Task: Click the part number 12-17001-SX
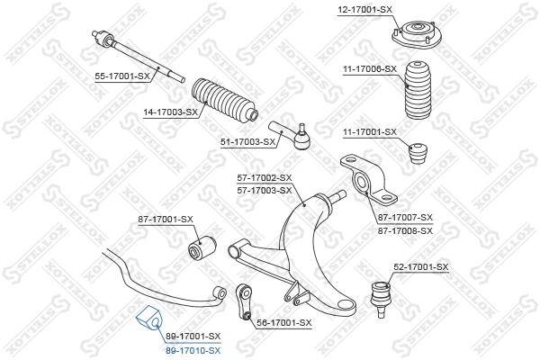pyautogui.click(x=365, y=9)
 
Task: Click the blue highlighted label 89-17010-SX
pyautogui.click(x=193, y=349)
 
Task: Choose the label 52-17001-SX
pyautogui.click(x=420, y=267)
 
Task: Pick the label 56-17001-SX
pyautogui.click(x=283, y=322)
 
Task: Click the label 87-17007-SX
pyautogui.click(x=405, y=218)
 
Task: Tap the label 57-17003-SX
pyautogui.click(x=265, y=190)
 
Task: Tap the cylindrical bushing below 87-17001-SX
pyautogui.click(x=199, y=246)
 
